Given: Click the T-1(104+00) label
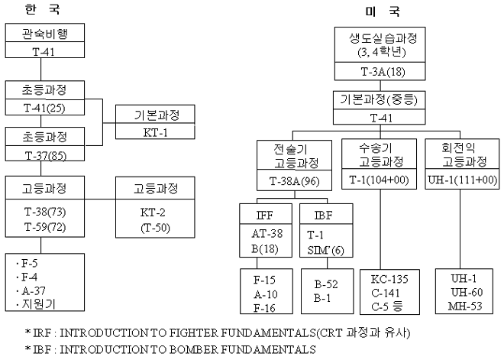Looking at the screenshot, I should (x=380, y=181).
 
